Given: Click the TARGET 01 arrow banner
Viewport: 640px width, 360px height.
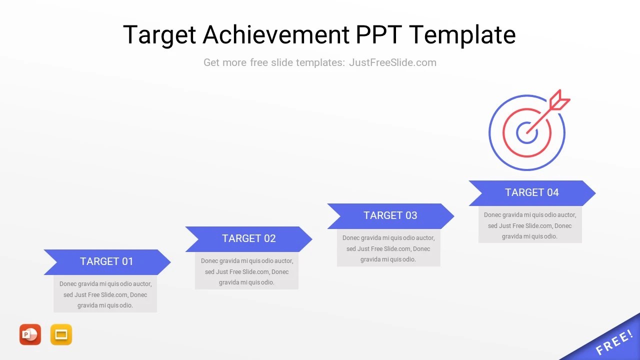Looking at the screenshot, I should pos(107,262).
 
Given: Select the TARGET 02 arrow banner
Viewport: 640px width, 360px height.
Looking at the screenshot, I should pos(248,239).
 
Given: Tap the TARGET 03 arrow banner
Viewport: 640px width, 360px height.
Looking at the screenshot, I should pos(390,216).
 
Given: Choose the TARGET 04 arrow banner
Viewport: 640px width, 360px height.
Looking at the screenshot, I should pos(531,193).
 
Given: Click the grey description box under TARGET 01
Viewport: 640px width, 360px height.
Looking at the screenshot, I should pos(105,294).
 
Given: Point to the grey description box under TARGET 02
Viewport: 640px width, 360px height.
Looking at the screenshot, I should pos(246,271).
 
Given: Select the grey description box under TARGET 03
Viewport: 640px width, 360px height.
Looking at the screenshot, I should pos(388,248).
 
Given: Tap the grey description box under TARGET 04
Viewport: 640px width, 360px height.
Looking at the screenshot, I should pos(530,225).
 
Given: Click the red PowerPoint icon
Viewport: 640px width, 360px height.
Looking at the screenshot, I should pos(30,334).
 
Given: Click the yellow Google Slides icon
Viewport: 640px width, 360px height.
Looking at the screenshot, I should pos(61,334).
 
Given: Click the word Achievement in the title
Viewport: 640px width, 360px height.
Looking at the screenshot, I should pos(276,35).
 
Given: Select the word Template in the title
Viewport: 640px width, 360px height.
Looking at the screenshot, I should pos(462,35).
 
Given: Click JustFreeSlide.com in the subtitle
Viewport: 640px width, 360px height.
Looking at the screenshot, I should pos(392,62).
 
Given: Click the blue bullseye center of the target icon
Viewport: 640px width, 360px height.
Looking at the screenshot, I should pos(526,133).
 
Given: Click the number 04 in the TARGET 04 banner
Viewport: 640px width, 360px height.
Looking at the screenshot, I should pos(552,193).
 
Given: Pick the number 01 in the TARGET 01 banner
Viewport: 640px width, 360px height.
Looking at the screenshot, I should pos(127,262).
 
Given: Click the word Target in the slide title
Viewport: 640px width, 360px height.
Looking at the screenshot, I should pos(159,35).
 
